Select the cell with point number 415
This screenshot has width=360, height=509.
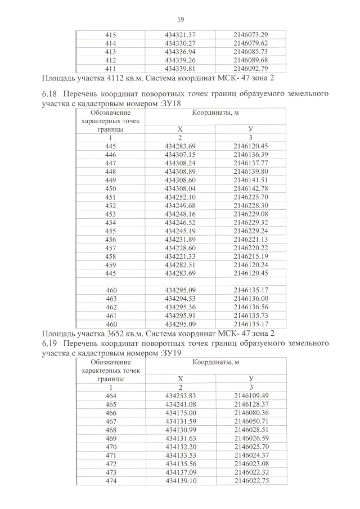[x=111, y=35]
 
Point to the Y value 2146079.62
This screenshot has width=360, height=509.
[x=251, y=43]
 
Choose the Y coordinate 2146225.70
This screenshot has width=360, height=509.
[x=251, y=197]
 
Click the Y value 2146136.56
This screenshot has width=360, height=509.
[x=251, y=307]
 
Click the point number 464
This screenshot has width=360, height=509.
[x=111, y=396]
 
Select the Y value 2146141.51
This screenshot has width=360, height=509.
[x=251, y=180]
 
